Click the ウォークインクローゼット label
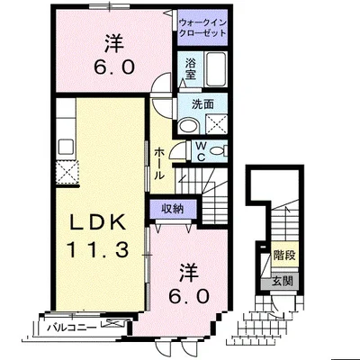202,28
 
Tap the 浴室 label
190,69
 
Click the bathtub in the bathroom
216,69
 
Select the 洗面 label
202,104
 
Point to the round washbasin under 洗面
188,126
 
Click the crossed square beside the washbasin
216,124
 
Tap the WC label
201,151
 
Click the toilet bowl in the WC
218,150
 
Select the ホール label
159,164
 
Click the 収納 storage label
173,209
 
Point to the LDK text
97,222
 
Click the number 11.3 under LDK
97,250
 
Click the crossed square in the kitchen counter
67,172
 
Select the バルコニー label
72,328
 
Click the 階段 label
284,255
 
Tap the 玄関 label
282,282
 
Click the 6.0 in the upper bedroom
114,67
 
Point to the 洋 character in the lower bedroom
189,272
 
